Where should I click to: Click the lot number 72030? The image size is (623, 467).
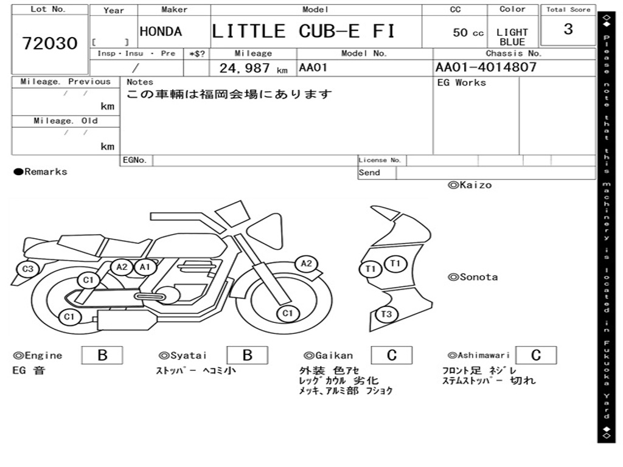(x=50, y=43)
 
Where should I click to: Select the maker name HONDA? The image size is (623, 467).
(x=161, y=32)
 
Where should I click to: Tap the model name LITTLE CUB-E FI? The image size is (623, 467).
(x=303, y=31)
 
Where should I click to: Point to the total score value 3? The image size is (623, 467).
(x=568, y=29)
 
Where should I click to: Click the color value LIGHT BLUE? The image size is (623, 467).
(x=512, y=37)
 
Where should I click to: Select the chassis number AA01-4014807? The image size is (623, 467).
(x=486, y=67)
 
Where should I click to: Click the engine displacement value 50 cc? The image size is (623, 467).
(x=468, y=33)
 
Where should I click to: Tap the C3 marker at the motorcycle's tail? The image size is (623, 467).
(x=27, y=269)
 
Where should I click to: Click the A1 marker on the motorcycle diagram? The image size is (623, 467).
(x=144, y=266)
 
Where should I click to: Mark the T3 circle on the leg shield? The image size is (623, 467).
(x=386, y=314)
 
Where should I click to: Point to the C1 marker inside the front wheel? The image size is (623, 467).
(x=288, y=313)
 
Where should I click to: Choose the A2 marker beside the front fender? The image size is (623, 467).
(x=306, y=263)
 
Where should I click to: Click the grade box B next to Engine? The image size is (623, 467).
(x=102, y=355)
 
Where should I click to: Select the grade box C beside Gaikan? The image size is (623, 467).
(x=391, y=355)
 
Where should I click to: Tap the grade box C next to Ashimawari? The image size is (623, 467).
(x=535, y=355)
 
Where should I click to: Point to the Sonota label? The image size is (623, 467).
(x=473, y=277)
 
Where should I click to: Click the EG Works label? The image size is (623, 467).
(x=462, y=83)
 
